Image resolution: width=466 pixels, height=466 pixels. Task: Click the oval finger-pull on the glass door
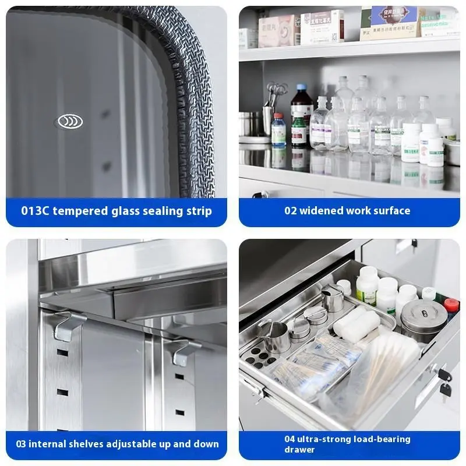tap(70, 121)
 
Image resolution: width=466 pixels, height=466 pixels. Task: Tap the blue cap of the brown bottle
tap(301, 88)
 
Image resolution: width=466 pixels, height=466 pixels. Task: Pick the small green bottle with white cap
tap(299, 130)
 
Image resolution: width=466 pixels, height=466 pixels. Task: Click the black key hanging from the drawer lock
tap(444, 389)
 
